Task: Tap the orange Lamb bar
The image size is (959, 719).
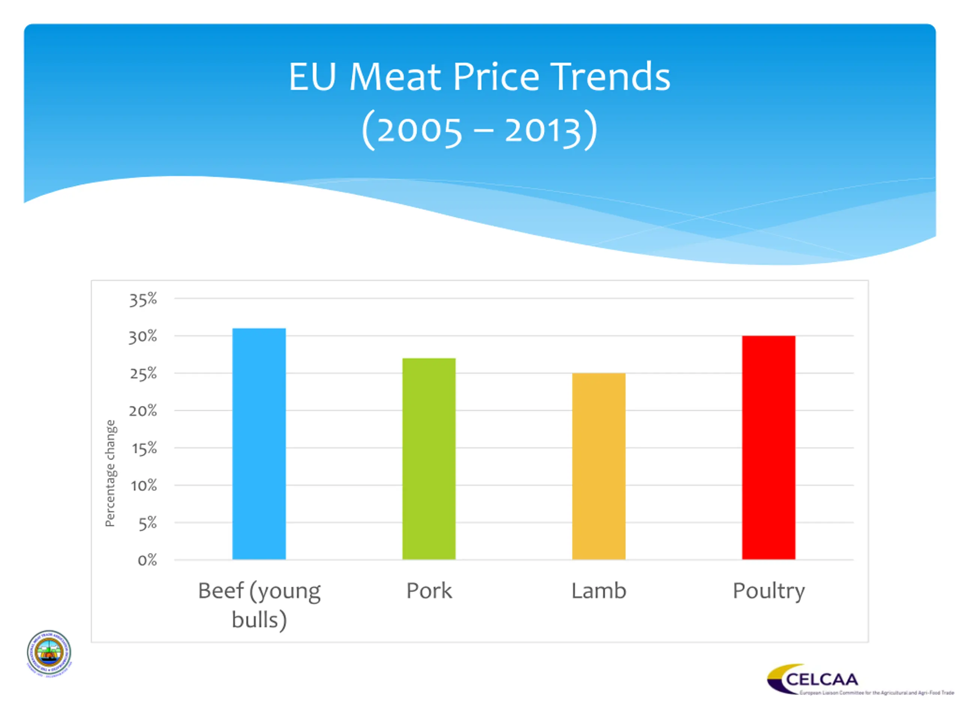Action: coord(599,466)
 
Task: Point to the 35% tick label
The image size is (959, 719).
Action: coord(143,300)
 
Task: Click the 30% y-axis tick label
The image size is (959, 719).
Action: coord(143,336)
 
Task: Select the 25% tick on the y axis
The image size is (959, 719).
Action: coord(143,374)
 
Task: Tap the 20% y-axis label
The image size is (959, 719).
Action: coord(143,410)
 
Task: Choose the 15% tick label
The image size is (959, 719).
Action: coord(144,448)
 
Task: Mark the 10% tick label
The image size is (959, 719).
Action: coord(144,485)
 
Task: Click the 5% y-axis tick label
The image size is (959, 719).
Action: coord(147,524)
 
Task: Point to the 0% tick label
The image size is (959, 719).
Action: coord(147,560)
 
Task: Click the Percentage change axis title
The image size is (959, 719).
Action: coord(111,473)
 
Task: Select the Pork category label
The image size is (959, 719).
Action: coord(429,591)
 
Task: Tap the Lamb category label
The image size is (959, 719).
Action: coord(599,591)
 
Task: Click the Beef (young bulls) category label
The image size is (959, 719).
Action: coord(259,605)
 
